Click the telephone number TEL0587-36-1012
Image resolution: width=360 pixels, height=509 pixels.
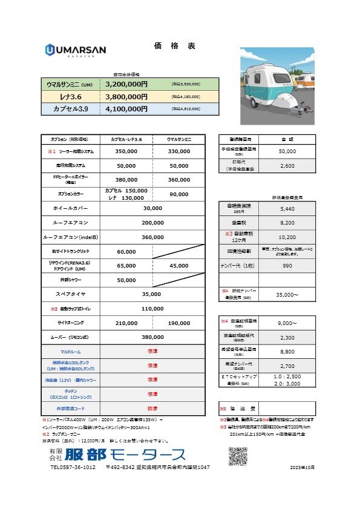73,468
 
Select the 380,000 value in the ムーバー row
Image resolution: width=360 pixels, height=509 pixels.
152,337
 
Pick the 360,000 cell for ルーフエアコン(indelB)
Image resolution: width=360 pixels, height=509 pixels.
152,237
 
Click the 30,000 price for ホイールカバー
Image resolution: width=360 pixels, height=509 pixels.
152,208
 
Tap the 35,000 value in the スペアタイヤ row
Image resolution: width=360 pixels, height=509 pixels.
152,294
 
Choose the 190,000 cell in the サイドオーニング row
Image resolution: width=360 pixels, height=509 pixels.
179,323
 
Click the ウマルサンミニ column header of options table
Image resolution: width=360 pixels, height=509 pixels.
179,139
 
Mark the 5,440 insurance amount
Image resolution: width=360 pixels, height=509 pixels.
289,208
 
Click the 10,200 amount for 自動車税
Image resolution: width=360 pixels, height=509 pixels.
289,237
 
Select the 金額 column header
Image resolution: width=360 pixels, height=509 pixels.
289,139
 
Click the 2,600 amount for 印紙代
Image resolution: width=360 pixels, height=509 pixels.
289,165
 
